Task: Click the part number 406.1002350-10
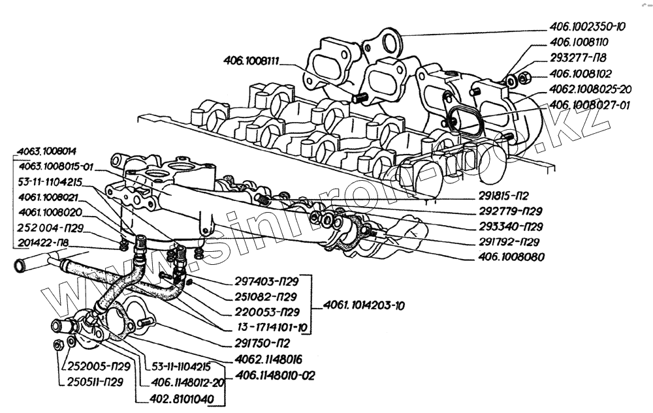tap(587, 27)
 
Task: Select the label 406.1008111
tap(251, 61)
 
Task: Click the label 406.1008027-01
tap(589, 105)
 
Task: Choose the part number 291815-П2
tap(503, 196)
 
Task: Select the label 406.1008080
tap(511, 257)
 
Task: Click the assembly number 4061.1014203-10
tap(364, 306)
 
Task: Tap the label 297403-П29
tap(266, 282)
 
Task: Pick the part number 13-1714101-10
tap(272, 328)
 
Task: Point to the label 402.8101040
tap(182, 399)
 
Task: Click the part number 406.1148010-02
tap(276, 376)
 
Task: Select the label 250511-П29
tap(95, 382)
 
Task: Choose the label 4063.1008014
tap(46, 151)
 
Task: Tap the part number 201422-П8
tap(43, 243)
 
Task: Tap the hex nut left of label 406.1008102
tap(524, 78)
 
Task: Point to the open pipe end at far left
tap(19, 266)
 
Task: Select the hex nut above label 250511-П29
tap(59, 344)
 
